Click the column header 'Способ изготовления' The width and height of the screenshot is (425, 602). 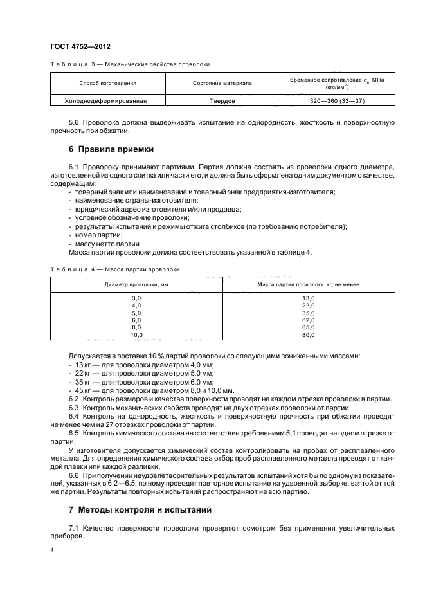click(107, 84)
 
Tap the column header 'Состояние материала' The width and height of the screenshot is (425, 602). click(222, 84)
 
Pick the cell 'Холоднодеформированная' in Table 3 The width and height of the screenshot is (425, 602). click(107, 101)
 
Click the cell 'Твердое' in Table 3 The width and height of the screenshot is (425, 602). click(222, 101)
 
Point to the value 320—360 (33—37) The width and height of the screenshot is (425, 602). click(337, 101)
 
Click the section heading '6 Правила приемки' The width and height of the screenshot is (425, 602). click(111, 149)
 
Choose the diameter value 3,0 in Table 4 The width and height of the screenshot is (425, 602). click(136, 298)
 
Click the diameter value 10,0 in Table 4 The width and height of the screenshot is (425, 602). click(136, 334)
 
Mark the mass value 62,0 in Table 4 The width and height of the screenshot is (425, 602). click(309, 320)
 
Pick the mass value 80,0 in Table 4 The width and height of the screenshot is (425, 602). click(309, 334)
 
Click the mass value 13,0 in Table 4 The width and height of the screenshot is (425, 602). click(309, 298)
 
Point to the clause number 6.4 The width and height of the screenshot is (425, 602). click(74, 416)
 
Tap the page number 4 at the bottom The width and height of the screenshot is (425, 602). click(52, 551)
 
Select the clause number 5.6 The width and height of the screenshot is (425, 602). click(74, 122)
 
